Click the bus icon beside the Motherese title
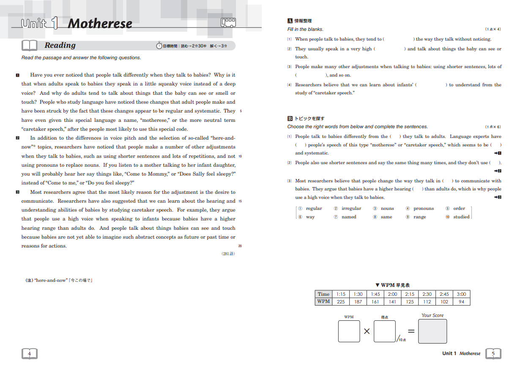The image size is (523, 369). point(228,22)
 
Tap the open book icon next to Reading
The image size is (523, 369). point(30,45)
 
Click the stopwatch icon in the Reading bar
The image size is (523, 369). point(159,45)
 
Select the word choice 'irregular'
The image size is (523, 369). point(351,209)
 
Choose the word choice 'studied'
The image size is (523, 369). point(461,217)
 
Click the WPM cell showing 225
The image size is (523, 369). point(341,302)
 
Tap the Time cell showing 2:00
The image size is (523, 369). point(392,294)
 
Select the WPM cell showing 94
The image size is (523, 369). point(461,302)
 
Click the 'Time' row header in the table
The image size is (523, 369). point(323,294)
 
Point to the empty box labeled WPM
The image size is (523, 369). point(349,331)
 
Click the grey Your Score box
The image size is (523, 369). point(432,331)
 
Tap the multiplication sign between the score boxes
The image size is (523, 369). point(367,331)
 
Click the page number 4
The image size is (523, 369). point(29,353)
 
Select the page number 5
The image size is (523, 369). point(493,353)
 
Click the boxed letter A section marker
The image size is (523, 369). point(290,21)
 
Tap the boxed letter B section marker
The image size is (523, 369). point(290,118)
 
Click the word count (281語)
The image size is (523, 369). point(228,253)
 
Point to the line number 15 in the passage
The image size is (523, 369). point(240,201)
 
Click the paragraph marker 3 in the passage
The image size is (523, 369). point(17,192)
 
